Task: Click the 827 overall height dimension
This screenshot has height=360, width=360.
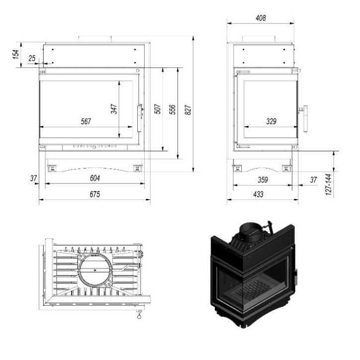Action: tap(188, 110)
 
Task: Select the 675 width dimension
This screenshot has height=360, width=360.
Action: tap(95, 194)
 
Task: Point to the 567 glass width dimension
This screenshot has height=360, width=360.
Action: tap(85, 121)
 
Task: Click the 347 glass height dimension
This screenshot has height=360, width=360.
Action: tap(114, 109)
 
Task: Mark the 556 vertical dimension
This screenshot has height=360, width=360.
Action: tap(173, 110)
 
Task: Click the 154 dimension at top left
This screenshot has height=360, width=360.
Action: tap(16, 55)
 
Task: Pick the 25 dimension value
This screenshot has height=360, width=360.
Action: tap(32, 59)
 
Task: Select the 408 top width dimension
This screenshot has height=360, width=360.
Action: tap(260, 18)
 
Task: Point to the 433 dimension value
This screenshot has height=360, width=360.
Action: tap(259, 194)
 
